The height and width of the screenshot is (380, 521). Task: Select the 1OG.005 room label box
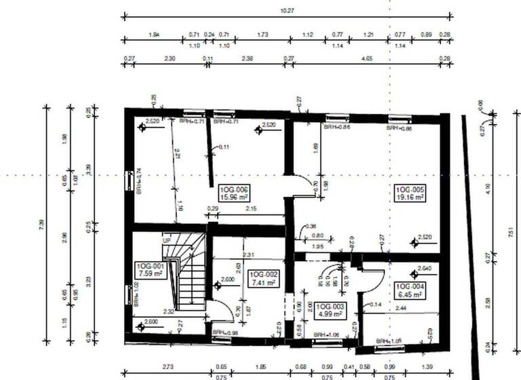(410, 193)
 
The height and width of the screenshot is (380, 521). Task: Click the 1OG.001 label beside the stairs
(150, 270)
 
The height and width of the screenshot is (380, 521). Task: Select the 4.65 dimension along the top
(367, 59)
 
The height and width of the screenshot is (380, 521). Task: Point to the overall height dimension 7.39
(42, 224)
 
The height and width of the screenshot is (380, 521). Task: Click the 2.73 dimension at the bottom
(168, 367)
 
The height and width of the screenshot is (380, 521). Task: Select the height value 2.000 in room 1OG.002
(228, 280)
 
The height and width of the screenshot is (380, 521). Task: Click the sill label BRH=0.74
(138, 181)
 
